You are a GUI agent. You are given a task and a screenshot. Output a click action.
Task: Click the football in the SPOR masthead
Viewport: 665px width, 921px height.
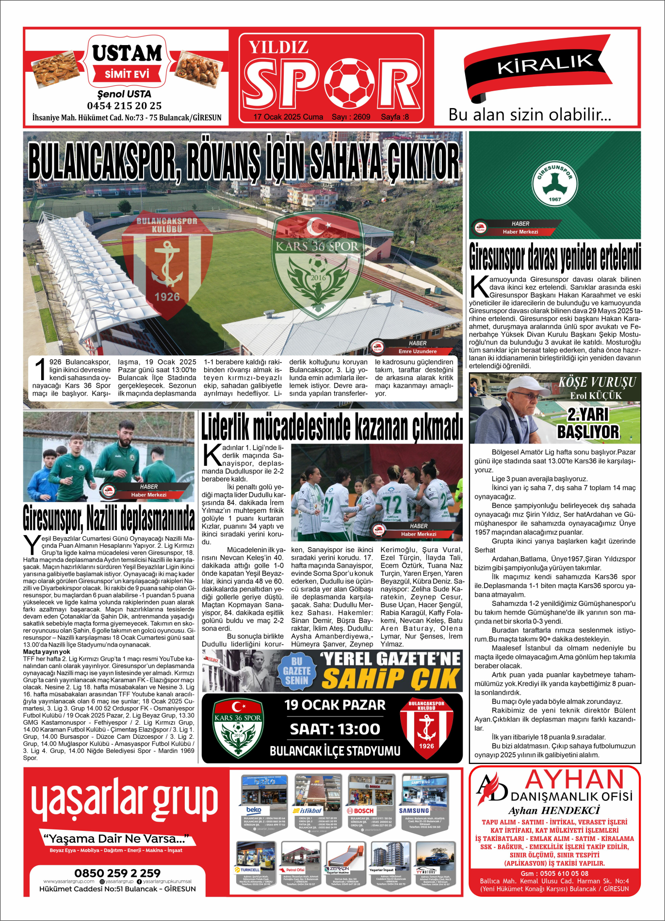pyautogui.click(x=349, y=83)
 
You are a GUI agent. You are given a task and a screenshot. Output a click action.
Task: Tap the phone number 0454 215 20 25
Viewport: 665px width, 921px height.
pyautogui.click(x=124, y=106)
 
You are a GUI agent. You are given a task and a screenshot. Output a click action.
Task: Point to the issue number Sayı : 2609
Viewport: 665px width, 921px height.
pyautogui.click(x=351, y=117)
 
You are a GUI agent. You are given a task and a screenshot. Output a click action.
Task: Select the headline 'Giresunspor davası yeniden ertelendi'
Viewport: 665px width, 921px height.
pyautogui.click(x=555, y=257)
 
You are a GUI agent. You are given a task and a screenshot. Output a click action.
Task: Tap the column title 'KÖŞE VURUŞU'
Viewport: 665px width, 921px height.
pyautogui.click(x=597, y=382)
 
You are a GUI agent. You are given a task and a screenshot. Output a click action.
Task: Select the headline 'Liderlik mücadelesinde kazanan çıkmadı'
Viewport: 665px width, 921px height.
pyautogui.click(x=332, y=427)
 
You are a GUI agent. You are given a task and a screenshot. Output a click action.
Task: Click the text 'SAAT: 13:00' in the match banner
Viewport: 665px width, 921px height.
pyautogui.click(x=335, y=729)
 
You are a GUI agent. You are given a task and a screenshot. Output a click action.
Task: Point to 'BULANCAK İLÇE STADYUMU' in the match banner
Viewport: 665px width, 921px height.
pyautogui.click(x=335, y=751)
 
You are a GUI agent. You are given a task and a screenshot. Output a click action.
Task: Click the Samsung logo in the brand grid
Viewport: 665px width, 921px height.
pyautogui.click(x=414, y=810)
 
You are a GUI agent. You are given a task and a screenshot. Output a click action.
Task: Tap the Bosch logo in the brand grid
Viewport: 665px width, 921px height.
pyautogui.click(x=360, y=810)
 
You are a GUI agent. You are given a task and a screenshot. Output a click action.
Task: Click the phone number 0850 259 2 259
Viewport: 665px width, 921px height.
pyautogui.click(x=117, y=873)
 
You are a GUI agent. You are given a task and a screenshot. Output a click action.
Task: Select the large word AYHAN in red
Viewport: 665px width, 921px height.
pyautogui.click(x=574, y=780)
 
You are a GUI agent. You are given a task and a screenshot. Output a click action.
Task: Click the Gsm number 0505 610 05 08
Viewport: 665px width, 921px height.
pyautogui.click(x=555, y=873)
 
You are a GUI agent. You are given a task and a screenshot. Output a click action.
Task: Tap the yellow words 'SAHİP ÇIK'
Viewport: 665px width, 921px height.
pyautogui.click(x=391, y=679)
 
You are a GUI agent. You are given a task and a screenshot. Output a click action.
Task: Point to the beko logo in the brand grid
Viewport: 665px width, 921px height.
pyautogui.click(x=254, y=810)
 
